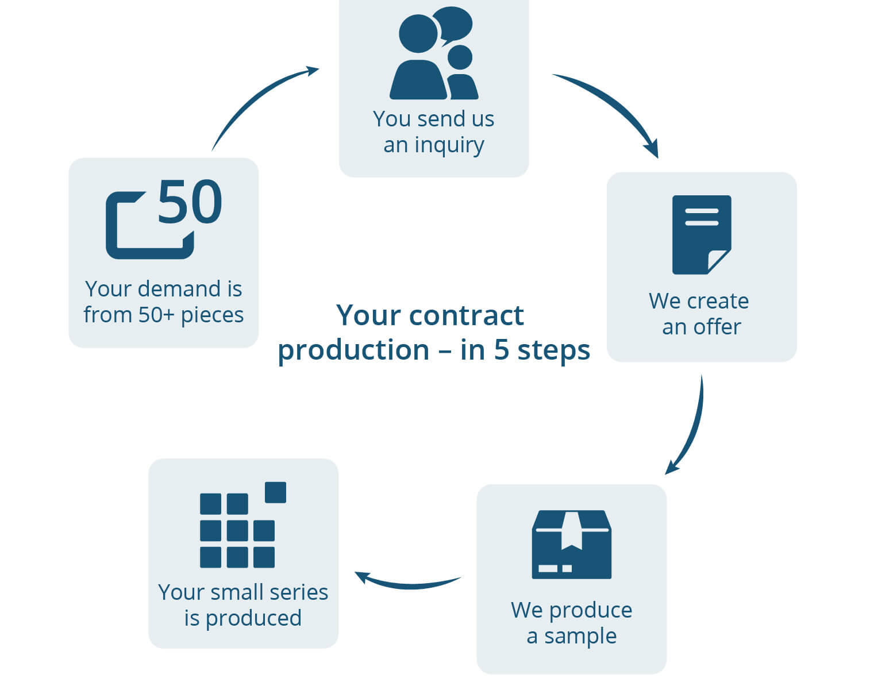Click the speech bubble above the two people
click(x=453, y=24)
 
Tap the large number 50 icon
click(x=190, y=202)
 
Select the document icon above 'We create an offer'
click(x=701, y=234)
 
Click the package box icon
click(x=571, y=544)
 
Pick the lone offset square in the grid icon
click(x=275, y=492)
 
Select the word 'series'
click(x=298, y=592)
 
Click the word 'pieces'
click(x=212, y=315)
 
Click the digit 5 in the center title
click(x=501, y=350)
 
